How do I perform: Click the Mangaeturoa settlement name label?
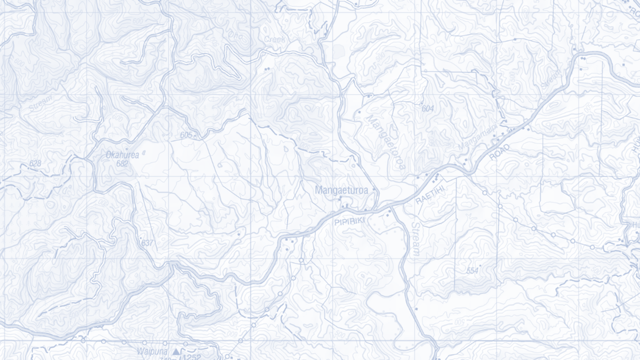[x=343, y=190]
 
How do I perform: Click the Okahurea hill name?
[x=122, y=155]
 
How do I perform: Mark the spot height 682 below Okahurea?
[x=122, y=164]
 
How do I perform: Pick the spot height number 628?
[x=35, y=163]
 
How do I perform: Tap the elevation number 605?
[x=186, y=135]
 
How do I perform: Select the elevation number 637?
[x=147, y=243]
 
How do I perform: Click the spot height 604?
[x=428, y=109]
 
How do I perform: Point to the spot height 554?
[x=472, y=271]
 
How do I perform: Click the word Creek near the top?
[x=275, y=39]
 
